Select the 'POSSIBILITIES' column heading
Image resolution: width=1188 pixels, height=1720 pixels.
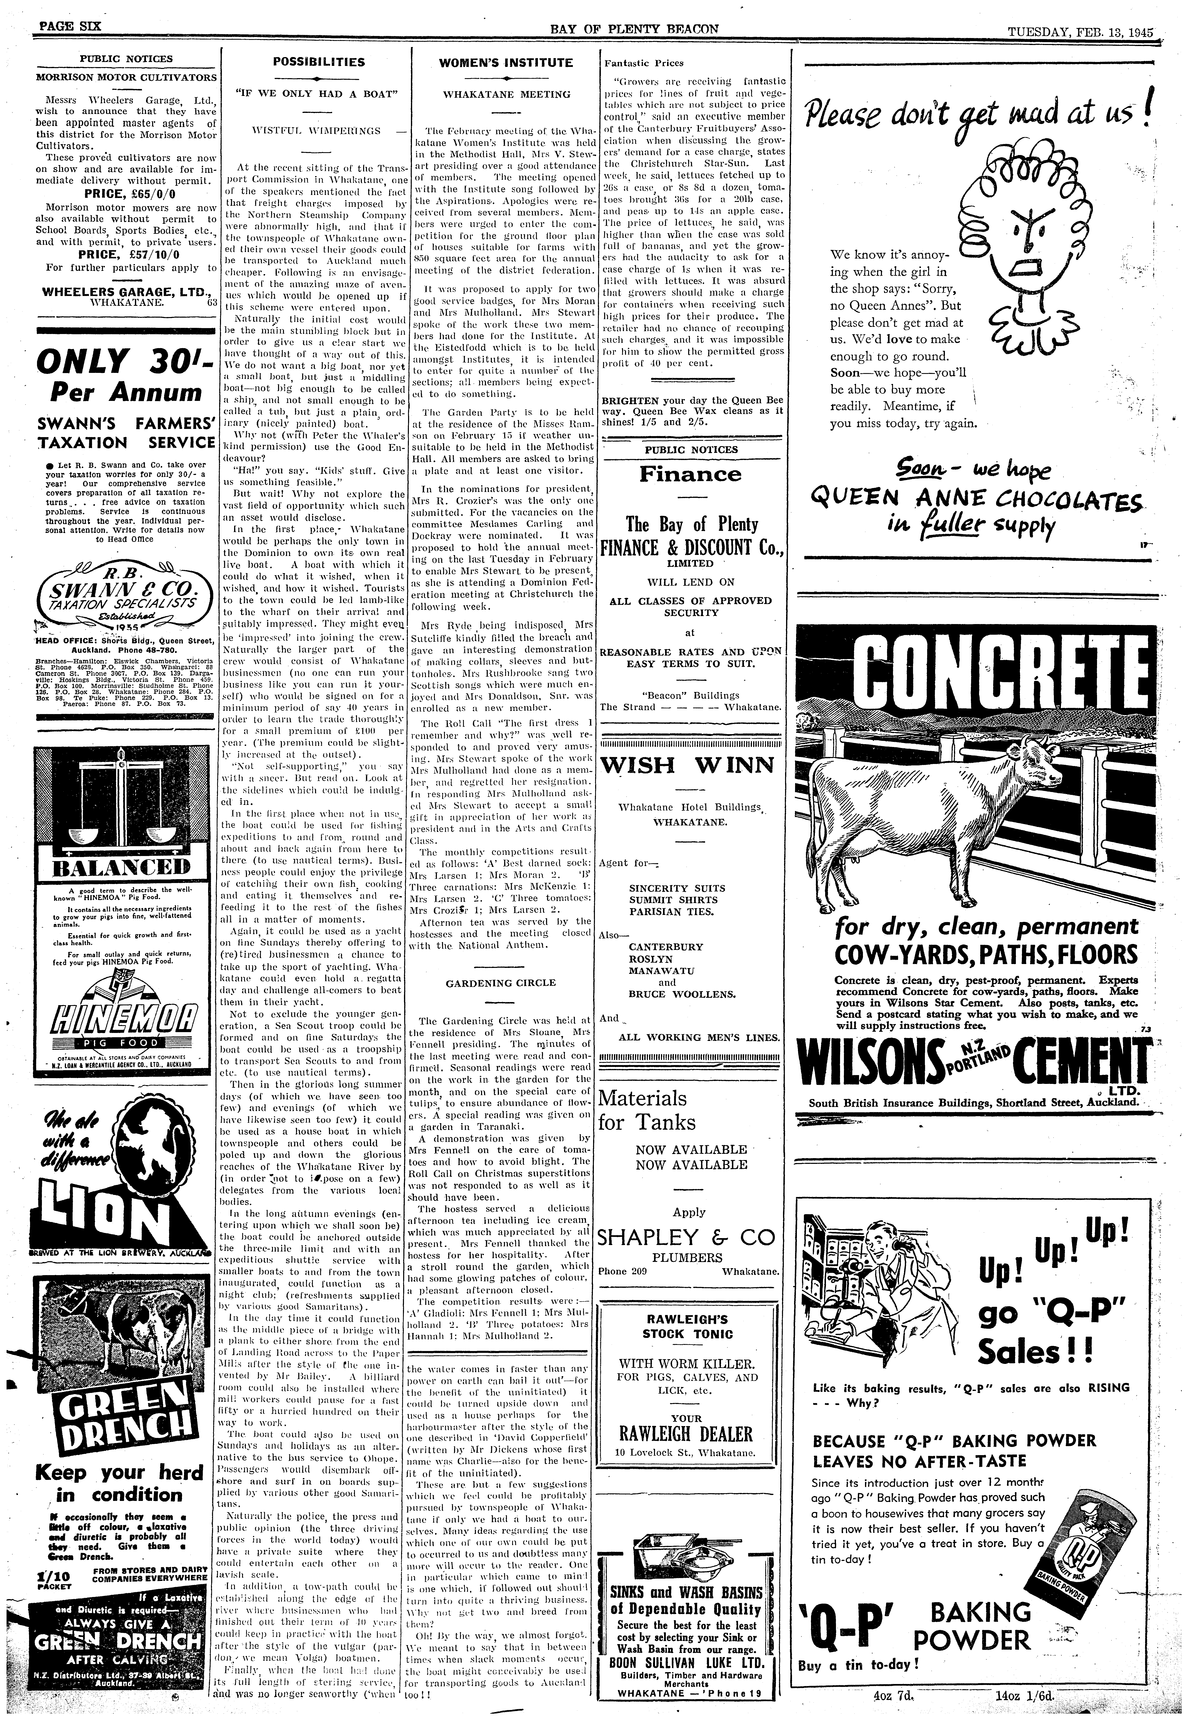pyautogui.click(x=317, y=63)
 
